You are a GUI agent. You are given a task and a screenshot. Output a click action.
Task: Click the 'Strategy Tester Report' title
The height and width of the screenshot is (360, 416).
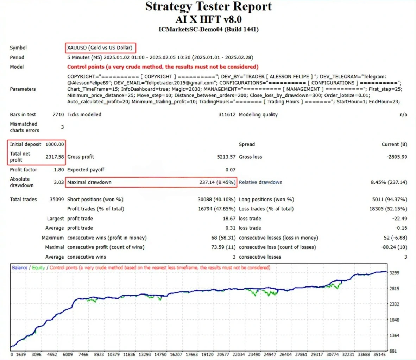point(208,6)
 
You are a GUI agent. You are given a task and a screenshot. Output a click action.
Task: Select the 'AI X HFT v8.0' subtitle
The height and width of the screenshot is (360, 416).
point(208,19)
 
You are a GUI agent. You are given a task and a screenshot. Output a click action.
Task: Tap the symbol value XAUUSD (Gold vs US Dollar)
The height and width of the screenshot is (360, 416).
point(100,48)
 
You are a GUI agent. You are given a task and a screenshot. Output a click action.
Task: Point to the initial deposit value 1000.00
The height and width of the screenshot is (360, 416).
point(55,144)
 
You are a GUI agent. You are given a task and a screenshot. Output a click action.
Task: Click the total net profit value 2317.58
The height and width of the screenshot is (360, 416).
point(55,157)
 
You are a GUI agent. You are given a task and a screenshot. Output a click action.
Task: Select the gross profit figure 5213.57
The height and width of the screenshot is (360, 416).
point(226,157)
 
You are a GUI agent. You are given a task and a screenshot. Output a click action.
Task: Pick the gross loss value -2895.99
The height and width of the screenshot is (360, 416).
point(397,157)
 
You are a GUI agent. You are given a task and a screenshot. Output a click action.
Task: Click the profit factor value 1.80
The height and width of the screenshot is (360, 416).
point(59,170)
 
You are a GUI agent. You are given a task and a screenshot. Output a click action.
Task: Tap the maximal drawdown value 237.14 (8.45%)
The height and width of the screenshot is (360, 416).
point(217,182)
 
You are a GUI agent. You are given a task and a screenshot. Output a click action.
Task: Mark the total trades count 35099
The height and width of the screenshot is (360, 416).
point(57,200)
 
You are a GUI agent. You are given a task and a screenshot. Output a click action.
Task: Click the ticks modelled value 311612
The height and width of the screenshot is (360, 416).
point(227,115)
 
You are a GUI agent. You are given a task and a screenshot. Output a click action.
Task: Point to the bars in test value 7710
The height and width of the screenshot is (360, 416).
point(58,115)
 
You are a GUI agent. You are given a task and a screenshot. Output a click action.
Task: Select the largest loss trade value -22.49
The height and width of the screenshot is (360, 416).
point(400,219)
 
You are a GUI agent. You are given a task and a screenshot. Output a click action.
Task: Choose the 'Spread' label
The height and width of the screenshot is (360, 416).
point(247,144)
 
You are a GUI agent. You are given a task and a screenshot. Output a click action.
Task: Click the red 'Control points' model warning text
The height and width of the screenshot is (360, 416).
point(163,67)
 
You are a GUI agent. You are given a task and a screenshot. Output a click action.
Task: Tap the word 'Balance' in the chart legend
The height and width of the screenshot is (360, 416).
point(20,267)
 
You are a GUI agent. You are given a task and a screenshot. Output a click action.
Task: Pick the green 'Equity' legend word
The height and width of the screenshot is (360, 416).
point(38,267)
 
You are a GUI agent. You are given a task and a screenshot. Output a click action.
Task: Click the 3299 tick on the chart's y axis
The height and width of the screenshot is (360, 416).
point(395,273)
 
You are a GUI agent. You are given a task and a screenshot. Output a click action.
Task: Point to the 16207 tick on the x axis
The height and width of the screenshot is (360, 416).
point(176,355)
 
